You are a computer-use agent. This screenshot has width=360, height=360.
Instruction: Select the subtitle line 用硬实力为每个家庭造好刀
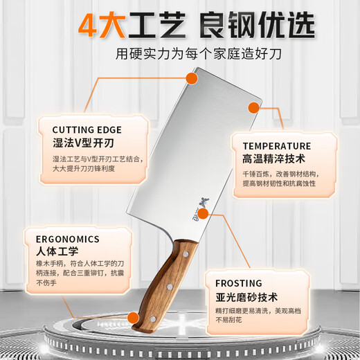point(180,53)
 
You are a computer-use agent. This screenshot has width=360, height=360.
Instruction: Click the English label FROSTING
point(238,283)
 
